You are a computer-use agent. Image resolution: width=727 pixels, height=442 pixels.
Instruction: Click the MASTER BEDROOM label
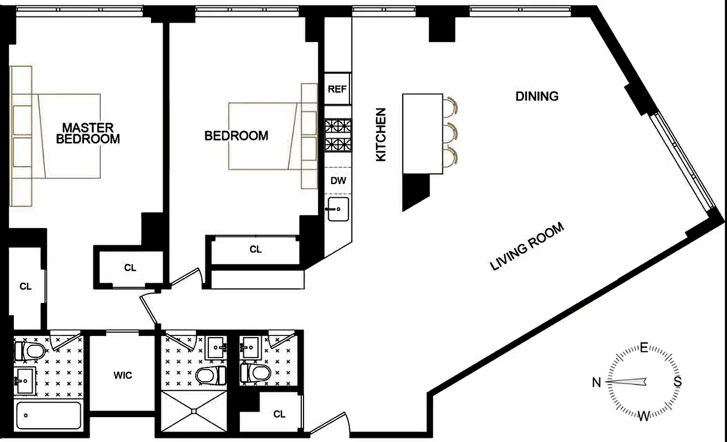88,133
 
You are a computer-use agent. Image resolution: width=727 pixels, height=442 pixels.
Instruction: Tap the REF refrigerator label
337,89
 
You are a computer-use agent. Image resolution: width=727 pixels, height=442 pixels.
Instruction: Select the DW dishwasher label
338,180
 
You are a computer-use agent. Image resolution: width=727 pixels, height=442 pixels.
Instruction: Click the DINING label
537,96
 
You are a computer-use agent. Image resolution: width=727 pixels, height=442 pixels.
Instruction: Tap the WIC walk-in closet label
122,375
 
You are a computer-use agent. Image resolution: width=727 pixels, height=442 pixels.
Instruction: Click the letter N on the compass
597,382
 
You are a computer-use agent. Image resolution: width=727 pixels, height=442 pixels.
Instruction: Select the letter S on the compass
677,382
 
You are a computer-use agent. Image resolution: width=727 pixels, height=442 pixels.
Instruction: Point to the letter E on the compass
644,348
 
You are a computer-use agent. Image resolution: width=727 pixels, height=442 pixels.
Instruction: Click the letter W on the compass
644,416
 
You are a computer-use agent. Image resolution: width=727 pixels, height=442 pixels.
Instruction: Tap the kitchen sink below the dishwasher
338,209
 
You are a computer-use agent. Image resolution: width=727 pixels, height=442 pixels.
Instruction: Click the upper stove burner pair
337,125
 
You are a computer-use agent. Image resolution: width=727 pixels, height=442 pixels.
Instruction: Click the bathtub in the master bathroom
49,415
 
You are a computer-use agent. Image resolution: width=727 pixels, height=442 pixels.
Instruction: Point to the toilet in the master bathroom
29,350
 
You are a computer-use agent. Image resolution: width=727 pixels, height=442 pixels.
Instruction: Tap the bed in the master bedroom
66,136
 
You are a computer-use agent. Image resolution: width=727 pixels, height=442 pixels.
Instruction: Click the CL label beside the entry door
279,414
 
